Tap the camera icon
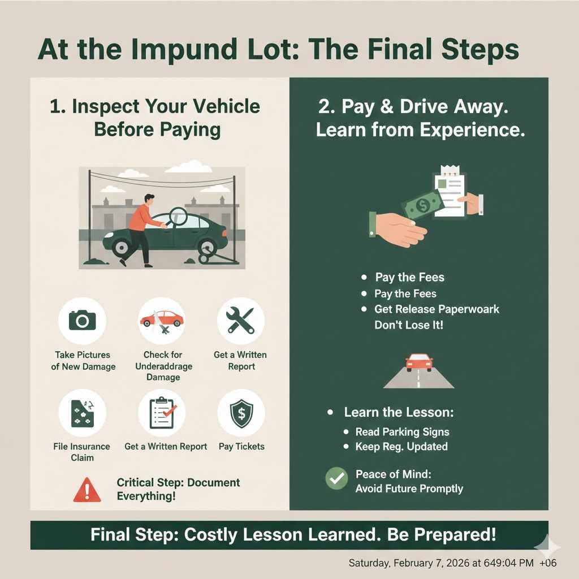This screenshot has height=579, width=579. click(83, 321)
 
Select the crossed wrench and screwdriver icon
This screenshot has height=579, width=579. click(240, 321)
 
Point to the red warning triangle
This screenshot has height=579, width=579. click(87, 490)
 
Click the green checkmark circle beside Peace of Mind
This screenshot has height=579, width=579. click(337, 478)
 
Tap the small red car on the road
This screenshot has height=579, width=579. click(419, 362)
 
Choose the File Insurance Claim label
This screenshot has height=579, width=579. click(82, 452)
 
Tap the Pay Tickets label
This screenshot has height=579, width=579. click(241, 446)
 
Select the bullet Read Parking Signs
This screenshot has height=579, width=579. click(402, 431)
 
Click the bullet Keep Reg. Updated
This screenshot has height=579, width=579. click(401, 446)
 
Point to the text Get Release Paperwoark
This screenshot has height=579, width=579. click(437, 309)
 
